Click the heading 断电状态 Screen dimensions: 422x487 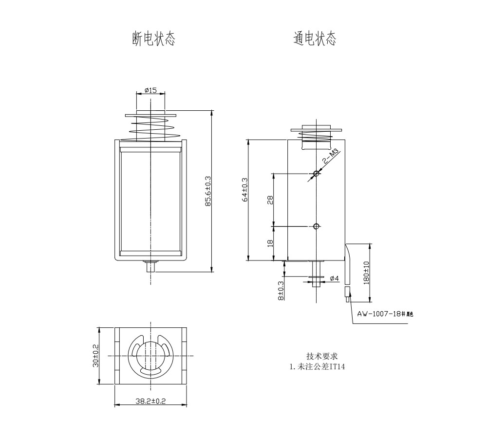point(153,39)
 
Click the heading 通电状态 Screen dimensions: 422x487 point(315,39)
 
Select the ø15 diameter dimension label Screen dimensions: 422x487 point(150,90)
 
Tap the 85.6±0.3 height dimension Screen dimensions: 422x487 point(208,191)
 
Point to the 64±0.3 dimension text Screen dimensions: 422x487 point(245,189)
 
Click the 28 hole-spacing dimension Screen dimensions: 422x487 point(269,200)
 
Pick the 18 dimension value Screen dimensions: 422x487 point(269,243)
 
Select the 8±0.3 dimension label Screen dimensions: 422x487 point(281,290)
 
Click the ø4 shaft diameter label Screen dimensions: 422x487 point(334,278)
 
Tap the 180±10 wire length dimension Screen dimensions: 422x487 point(366,273)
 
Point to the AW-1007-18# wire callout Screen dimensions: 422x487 point(385,314)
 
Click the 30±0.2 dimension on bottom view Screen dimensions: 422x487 point(96,355)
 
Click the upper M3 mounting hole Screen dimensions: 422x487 point(317,173)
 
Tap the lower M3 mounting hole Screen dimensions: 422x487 point(317,226)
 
